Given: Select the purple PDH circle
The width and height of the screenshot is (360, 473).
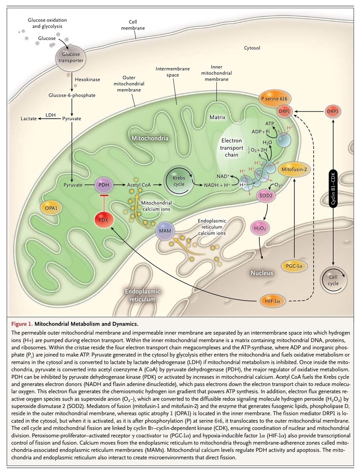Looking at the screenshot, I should pos(103,185).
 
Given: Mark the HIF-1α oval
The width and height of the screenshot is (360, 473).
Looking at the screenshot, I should pos(275,301).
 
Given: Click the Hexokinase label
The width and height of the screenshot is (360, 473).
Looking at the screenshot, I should pos(87,80).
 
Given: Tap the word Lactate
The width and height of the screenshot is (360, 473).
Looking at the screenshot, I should pos(30,119).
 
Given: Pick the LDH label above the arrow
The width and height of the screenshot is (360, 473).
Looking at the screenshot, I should pos(50,113).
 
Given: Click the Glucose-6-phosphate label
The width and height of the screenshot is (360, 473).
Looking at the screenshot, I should pos(72,96).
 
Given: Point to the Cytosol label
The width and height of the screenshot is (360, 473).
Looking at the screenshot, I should pos(252,48).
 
